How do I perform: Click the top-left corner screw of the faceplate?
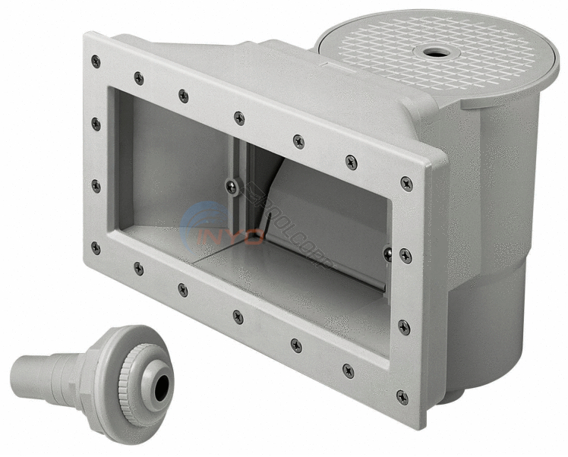(x=95, y=61)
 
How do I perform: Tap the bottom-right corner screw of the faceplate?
(x=402, y=396)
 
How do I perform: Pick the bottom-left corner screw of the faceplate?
(x=95, y=247)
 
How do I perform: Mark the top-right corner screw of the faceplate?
(x=407, y=183)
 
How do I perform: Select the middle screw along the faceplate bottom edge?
(x=238, y=316)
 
